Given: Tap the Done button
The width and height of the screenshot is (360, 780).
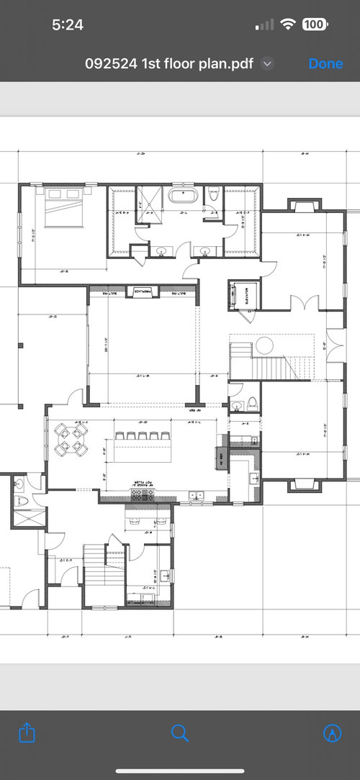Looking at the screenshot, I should [x=325, y=63].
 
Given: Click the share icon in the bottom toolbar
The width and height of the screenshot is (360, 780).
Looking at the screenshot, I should [x=27, y=733].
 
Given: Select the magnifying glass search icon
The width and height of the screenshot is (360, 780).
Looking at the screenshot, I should [x=180, y=733].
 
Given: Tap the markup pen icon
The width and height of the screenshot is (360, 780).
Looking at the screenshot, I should [x=332, y=733].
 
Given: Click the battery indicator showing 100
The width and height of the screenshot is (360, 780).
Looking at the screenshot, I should [x=314, y=24].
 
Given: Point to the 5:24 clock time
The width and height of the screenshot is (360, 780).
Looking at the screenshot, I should [x=68, y=24].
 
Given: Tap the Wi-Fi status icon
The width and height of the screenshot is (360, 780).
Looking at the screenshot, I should [x=288, y=24].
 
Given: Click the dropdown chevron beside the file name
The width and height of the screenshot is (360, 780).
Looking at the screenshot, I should [x=267, y=63].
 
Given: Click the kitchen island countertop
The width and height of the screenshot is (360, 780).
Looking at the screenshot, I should [x=142, y=450].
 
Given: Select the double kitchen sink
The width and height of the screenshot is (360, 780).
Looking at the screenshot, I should [x=195, y=495].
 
